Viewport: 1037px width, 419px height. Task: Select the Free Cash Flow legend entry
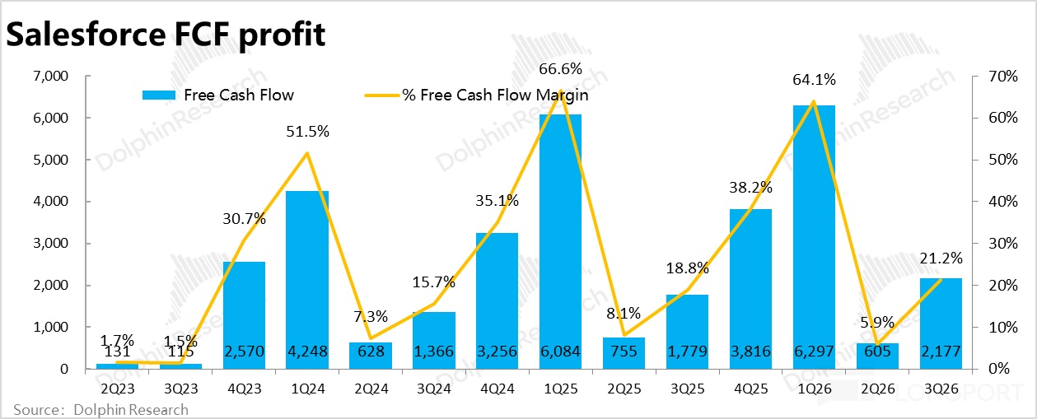(x=217, y=95)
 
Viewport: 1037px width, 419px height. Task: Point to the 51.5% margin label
(x=306, y=131)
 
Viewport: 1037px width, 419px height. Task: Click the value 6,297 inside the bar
(x=814, y=352)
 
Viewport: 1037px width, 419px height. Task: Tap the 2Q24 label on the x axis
(x=371, y=384)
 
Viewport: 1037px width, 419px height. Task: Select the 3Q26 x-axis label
(x=941, y=384)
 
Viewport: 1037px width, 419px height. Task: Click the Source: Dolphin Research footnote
(x=100, y=409)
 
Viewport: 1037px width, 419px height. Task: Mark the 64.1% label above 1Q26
(x=814, y=80)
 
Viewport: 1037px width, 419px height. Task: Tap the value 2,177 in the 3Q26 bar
(x=941, y=352)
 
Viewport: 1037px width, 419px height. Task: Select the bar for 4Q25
(x=750, y=289)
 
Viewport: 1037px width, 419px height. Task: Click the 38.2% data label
(x=750, y=188)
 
